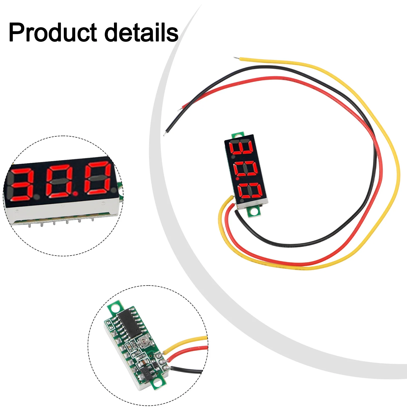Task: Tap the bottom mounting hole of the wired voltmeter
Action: point(255,211)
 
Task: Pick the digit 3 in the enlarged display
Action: point(22,183)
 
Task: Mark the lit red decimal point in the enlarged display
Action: point(75,194)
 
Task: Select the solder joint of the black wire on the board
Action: point(166,368)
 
